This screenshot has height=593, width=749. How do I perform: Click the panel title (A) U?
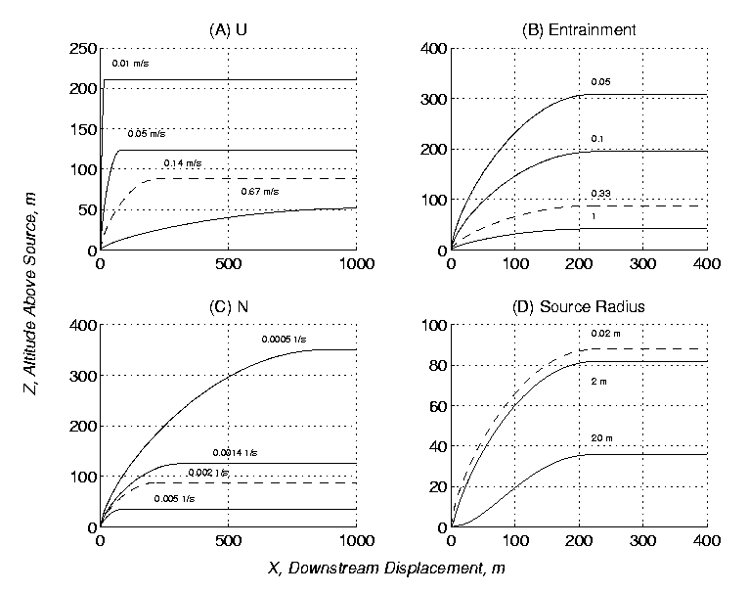pyautogui.click(x=228, y=29)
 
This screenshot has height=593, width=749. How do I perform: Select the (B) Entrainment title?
pyautogui.click(x=579, y=29)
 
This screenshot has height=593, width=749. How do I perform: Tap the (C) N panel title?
pyautogui.click(x=228, y=306)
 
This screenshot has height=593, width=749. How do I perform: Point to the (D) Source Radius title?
pyautogui.click(x=579, y=306)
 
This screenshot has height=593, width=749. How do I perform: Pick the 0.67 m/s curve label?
pyautogui.click(x=259, y=192)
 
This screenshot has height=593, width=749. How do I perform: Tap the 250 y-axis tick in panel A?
pyautogui.click(x=83, y=48)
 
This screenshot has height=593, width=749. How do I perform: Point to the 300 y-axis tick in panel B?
pyautogui.click(x=429, y=99)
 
